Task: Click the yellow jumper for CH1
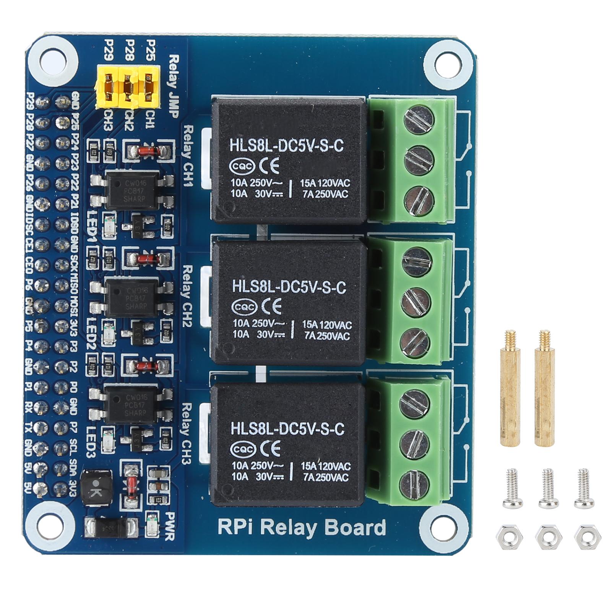pyautogui.click(x=148, y=86)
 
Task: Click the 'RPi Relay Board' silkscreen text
pyautogui.click(x=302, y=527)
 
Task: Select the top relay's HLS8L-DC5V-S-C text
pyautogui.click(x=286, y=146)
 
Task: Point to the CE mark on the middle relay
pyautogui.click(x=273, y=306)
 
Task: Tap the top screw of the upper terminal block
pyautogui.click(x=419, y=119)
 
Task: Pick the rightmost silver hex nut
pyautogui.click(x=587, y=537)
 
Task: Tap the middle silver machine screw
pyautogui.click(x=548, y=488)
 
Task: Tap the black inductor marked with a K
pyautogui.click(x=97, y=487)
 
